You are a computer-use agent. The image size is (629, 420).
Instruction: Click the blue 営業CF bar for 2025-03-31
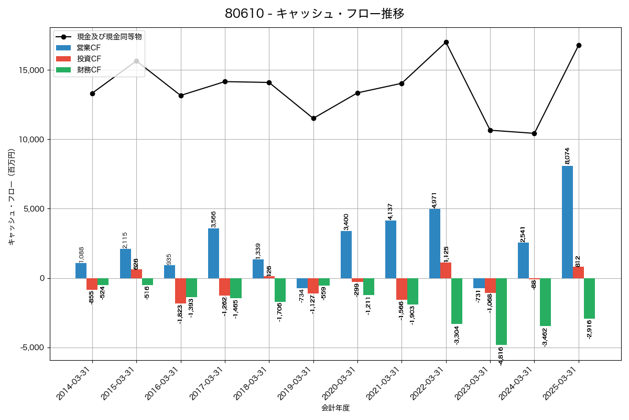click(x=567, y=222)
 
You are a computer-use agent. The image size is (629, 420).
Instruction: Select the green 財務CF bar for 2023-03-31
click(x=501, y=311)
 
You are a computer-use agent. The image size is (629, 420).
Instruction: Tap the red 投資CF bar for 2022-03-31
click(x=446, y=270)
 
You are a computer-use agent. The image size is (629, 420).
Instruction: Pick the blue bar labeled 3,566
click(x=213, y=253)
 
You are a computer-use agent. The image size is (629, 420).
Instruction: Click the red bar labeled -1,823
click(x=180, y=291)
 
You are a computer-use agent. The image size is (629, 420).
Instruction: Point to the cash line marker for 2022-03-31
click(x=446, y=42)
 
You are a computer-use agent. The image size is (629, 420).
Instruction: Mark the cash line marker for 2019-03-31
click(x=313, y=118)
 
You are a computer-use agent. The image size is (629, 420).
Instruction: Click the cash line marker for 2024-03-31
click(x=534, y=133)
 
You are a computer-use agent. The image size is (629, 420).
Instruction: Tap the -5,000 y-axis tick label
click(x=32, y=348)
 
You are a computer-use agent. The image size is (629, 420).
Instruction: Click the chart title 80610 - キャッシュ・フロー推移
click(x=314, y=14)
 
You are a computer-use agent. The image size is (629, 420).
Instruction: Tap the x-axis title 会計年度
click(x=335, y=408)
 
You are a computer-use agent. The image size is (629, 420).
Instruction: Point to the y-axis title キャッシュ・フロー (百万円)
click(x=12, y=197)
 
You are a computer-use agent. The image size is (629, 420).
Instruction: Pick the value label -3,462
click(x=545, y=337)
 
